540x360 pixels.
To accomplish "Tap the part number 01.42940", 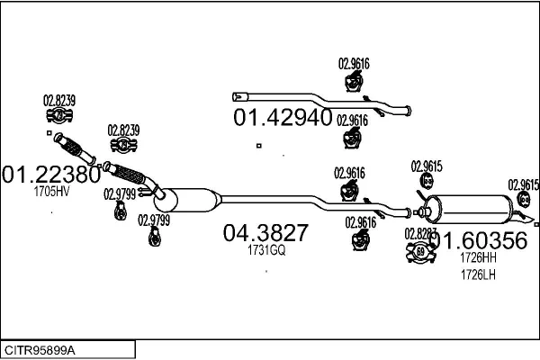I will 283,118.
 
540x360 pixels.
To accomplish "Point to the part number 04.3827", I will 265,233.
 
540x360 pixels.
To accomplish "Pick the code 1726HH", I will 478,256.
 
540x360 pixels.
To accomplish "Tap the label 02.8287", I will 420,233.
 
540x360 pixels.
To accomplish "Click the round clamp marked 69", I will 420,251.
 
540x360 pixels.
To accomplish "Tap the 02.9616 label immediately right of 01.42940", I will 353,119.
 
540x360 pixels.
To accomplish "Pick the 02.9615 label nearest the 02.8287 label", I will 426,166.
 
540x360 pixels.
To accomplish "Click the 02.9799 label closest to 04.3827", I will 155,219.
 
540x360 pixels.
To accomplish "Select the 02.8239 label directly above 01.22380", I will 59,99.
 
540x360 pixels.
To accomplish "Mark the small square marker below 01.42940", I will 258,146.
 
